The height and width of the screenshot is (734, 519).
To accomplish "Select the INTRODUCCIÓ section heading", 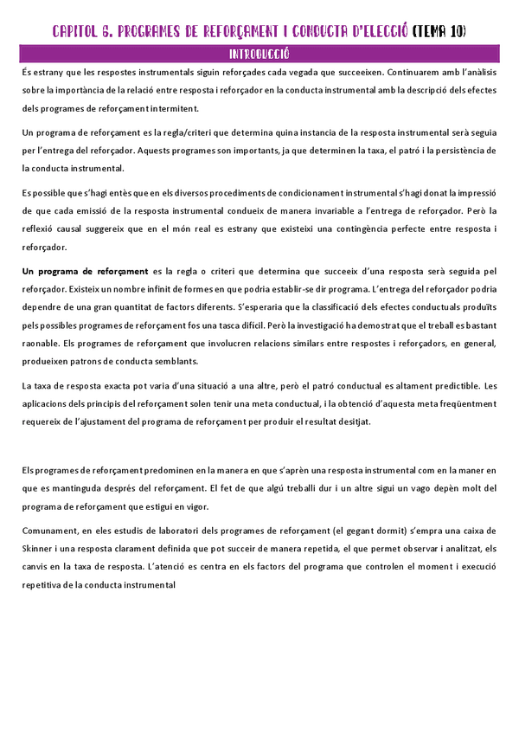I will pos(259,54).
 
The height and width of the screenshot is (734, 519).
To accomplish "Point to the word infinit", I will pos(140,289).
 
